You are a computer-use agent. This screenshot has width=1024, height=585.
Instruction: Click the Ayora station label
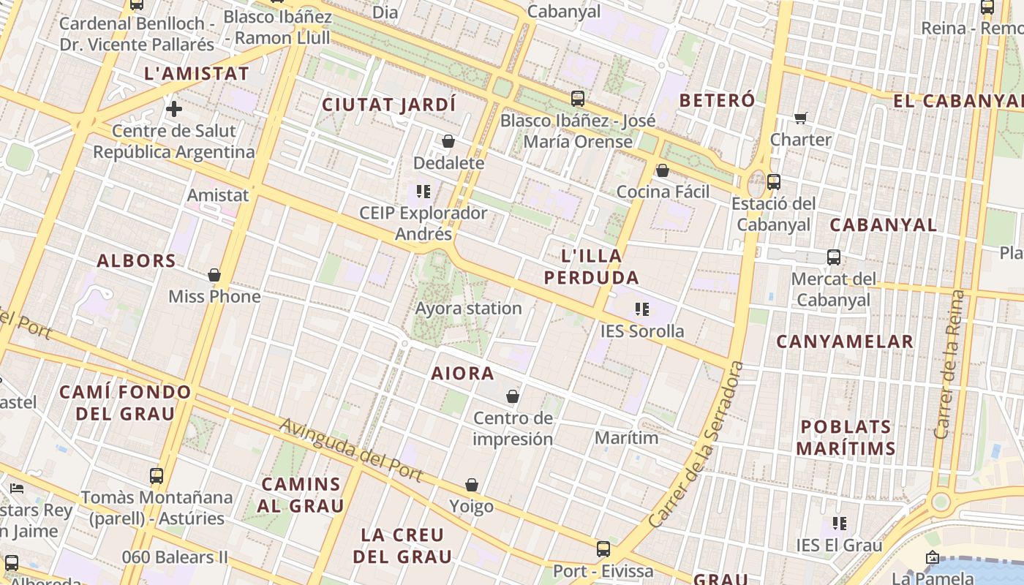point(468,309)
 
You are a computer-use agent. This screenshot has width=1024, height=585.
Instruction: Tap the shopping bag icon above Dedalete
point(448,141)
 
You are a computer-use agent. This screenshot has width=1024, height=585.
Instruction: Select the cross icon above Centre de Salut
point(174,110)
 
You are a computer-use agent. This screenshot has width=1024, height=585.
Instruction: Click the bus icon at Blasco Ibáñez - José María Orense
point(578,99)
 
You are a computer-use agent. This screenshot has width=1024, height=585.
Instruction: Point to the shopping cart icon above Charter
point(801,118)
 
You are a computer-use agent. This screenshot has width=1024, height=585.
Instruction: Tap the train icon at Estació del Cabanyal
point(774,182)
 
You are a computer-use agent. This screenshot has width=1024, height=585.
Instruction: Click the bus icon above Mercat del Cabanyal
point(834,257)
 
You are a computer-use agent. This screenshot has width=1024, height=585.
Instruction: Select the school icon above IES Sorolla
point(642,309)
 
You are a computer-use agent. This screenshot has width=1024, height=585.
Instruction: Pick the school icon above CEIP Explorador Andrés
point(423,192)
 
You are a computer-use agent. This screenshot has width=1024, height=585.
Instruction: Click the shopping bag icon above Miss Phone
point(214,275)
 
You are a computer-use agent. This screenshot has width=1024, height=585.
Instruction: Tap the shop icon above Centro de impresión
point(513,396)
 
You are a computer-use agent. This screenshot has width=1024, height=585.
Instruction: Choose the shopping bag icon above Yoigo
point(472,485)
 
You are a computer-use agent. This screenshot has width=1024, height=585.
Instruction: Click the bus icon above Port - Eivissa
point(603,549)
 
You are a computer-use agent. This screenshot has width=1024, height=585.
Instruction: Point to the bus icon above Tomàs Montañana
point(157,476)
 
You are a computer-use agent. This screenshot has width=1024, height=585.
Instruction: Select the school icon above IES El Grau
point(839,524)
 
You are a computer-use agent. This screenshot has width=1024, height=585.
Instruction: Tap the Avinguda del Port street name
point(351,450)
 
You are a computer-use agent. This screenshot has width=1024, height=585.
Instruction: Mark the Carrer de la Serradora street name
point(696,446)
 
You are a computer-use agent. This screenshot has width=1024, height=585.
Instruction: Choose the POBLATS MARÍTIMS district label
point(846,437)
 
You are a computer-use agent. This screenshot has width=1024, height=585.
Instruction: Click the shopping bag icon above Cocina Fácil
point(663,170)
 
